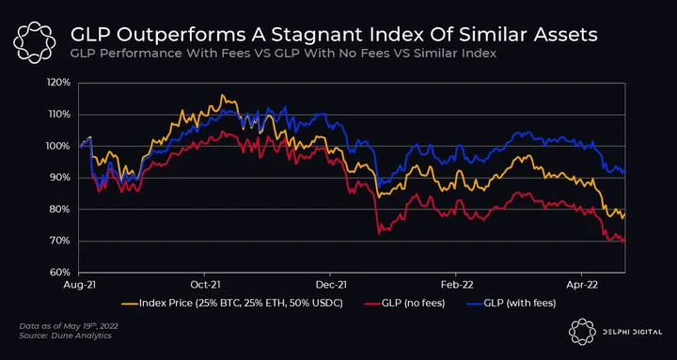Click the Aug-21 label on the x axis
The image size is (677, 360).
click(79, 285)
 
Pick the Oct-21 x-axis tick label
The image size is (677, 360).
click(204, 285)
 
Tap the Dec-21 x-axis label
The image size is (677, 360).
click(330, 285)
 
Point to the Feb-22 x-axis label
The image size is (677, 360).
click(455, 285)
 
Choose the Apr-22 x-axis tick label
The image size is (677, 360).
click(582, 285)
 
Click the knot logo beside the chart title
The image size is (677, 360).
click(34, 41)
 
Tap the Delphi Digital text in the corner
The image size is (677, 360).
click(632, 332)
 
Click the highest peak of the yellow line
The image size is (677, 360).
click(222, 95)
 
